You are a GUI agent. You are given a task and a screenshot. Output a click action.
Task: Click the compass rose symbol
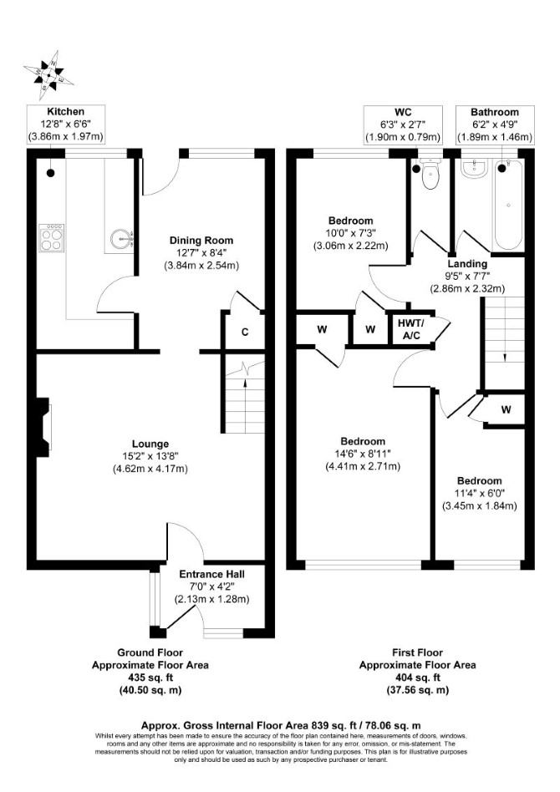click(x=48, y=75)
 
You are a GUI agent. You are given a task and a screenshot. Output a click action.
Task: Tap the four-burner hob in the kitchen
click(x=52, y=238)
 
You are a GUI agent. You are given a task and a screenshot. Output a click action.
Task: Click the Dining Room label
click(x=201, y=241)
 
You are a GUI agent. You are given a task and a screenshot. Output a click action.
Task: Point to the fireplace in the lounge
click(x=43, y=424)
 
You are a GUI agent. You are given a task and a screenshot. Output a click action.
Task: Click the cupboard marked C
click(x=245, y=332)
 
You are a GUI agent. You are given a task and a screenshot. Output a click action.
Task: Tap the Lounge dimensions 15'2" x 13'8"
click(x=150, y=457)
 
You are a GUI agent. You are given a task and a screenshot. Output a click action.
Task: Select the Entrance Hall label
click(x=212, y=574)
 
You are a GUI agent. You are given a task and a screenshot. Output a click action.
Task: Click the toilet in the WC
click(x=429, y=173)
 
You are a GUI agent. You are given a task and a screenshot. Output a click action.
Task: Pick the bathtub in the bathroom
click(x=507, y=205)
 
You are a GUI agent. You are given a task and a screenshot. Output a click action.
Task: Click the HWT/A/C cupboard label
click(x=410, y=330)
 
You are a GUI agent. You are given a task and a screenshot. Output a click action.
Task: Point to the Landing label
click(x=467, y=264)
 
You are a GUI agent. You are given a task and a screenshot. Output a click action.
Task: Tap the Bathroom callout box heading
click(x=495, y=112)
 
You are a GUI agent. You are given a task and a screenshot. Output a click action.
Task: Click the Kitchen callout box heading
click(x=66, y=112)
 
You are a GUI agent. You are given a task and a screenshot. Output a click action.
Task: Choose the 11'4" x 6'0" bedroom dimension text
click(x=481, y=493)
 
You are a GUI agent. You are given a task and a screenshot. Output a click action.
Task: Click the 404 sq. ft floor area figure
click(x=417, y=678)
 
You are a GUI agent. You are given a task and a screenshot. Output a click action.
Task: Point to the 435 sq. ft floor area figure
click(x=150, y=678)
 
